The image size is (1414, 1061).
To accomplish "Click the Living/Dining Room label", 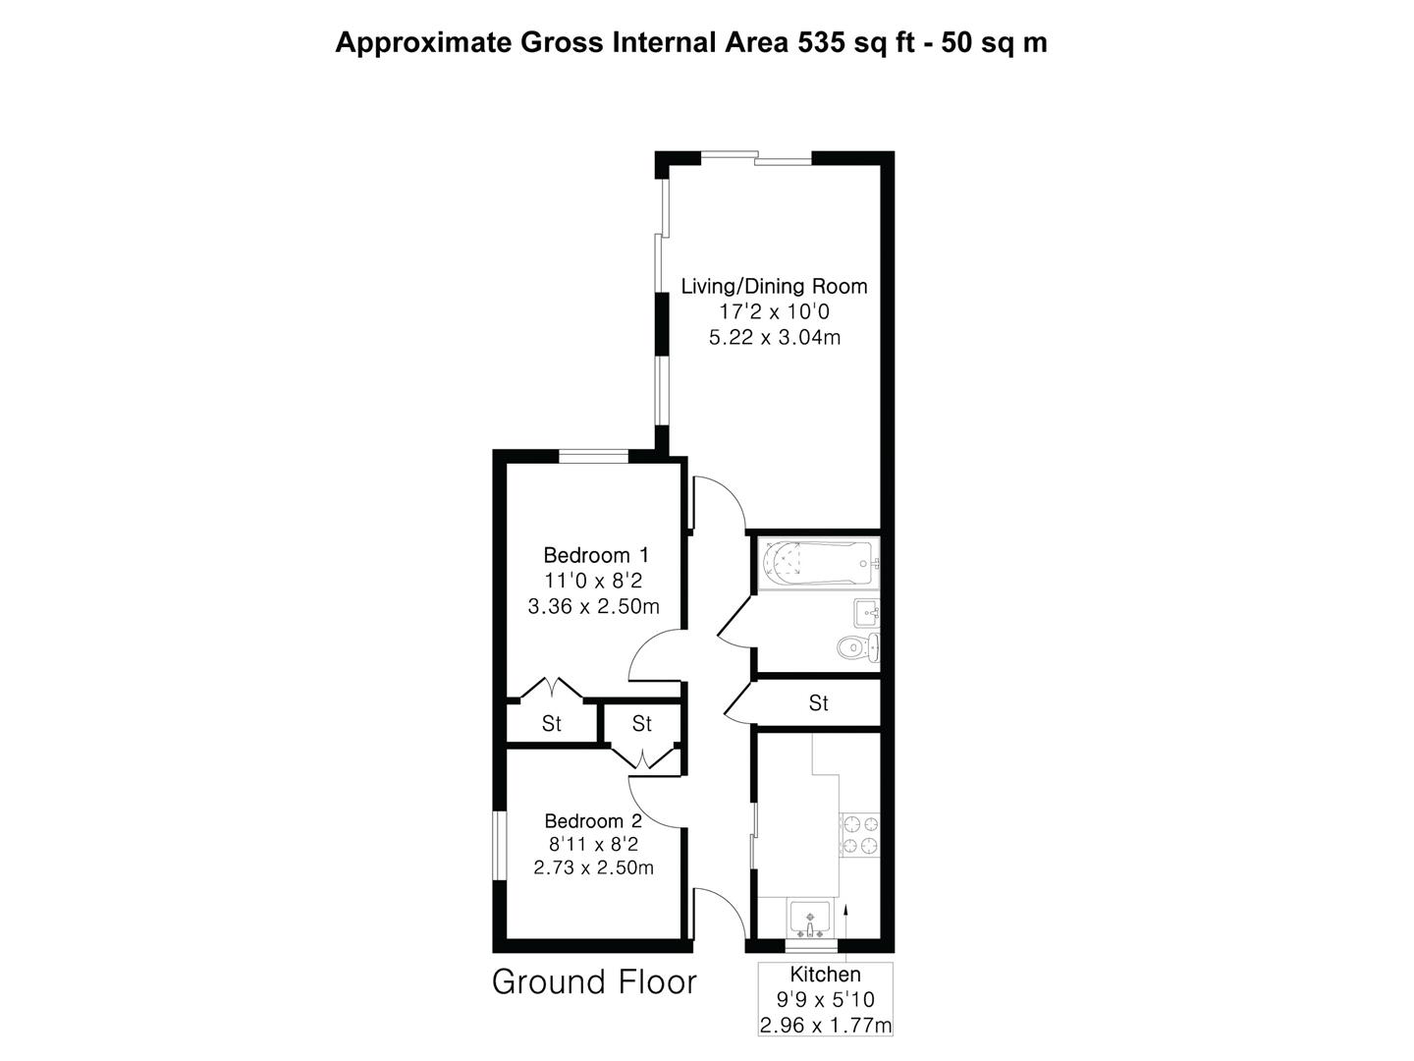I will pyautogui.click(x=774, y=287).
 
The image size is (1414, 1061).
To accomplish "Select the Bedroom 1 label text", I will pyautogui.click(x=595, y=555).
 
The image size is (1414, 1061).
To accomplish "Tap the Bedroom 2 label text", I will pyautogui.click(x=593, y=820).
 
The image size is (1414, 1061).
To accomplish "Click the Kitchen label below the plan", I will pyautogui.click(x=825, y=975).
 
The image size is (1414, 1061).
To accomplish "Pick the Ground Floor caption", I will pyautogui.click(x=594, y=982).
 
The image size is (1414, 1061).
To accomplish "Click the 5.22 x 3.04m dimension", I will pyautogui.click(x=774, y=338).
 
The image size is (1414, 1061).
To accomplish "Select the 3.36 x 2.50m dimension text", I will pyautogui.click(x=593, y=607).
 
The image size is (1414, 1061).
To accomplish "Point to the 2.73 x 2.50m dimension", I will pyautogui.click(x=593, y=867).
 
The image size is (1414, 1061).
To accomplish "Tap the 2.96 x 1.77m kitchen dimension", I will pyautogui.click(x=825, y=1027).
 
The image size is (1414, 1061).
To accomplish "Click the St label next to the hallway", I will pyautogui.click(x=818, y=703).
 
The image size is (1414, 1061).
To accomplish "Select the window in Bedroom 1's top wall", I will pyautogui.click(x=593, y=455).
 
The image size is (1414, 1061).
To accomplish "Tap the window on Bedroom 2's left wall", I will pyautogui.click(x=499, y=845).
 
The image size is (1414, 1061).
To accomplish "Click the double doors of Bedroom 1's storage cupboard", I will pyautogui.click(x=551, y=687).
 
